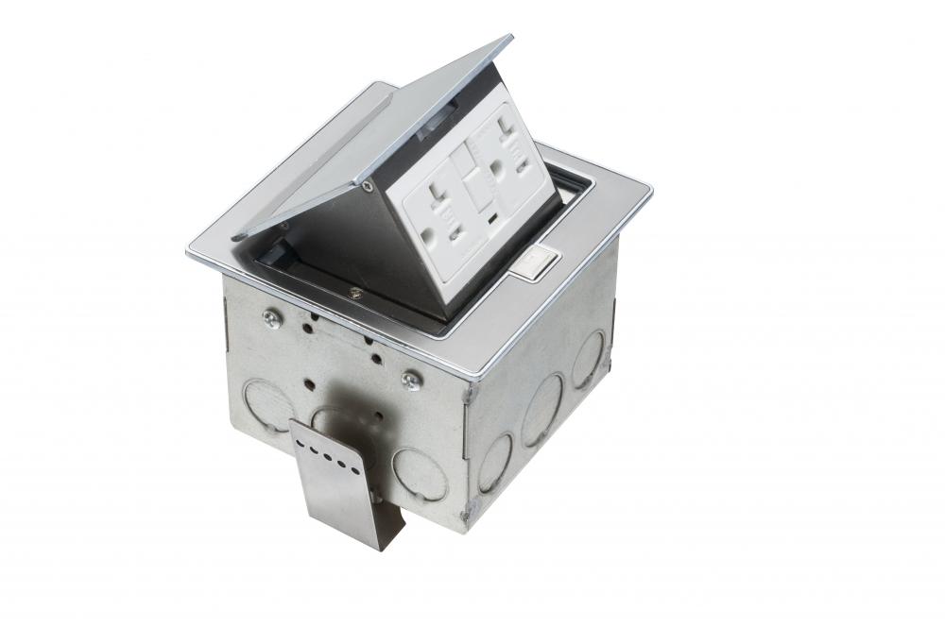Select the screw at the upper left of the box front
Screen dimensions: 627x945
click(271, 320)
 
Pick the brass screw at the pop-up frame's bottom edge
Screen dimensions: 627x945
click(353, 293)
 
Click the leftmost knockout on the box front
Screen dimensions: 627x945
click(267, 404)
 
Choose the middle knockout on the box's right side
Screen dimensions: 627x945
click(542, 409)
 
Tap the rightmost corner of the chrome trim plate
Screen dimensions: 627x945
click(651, 195)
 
